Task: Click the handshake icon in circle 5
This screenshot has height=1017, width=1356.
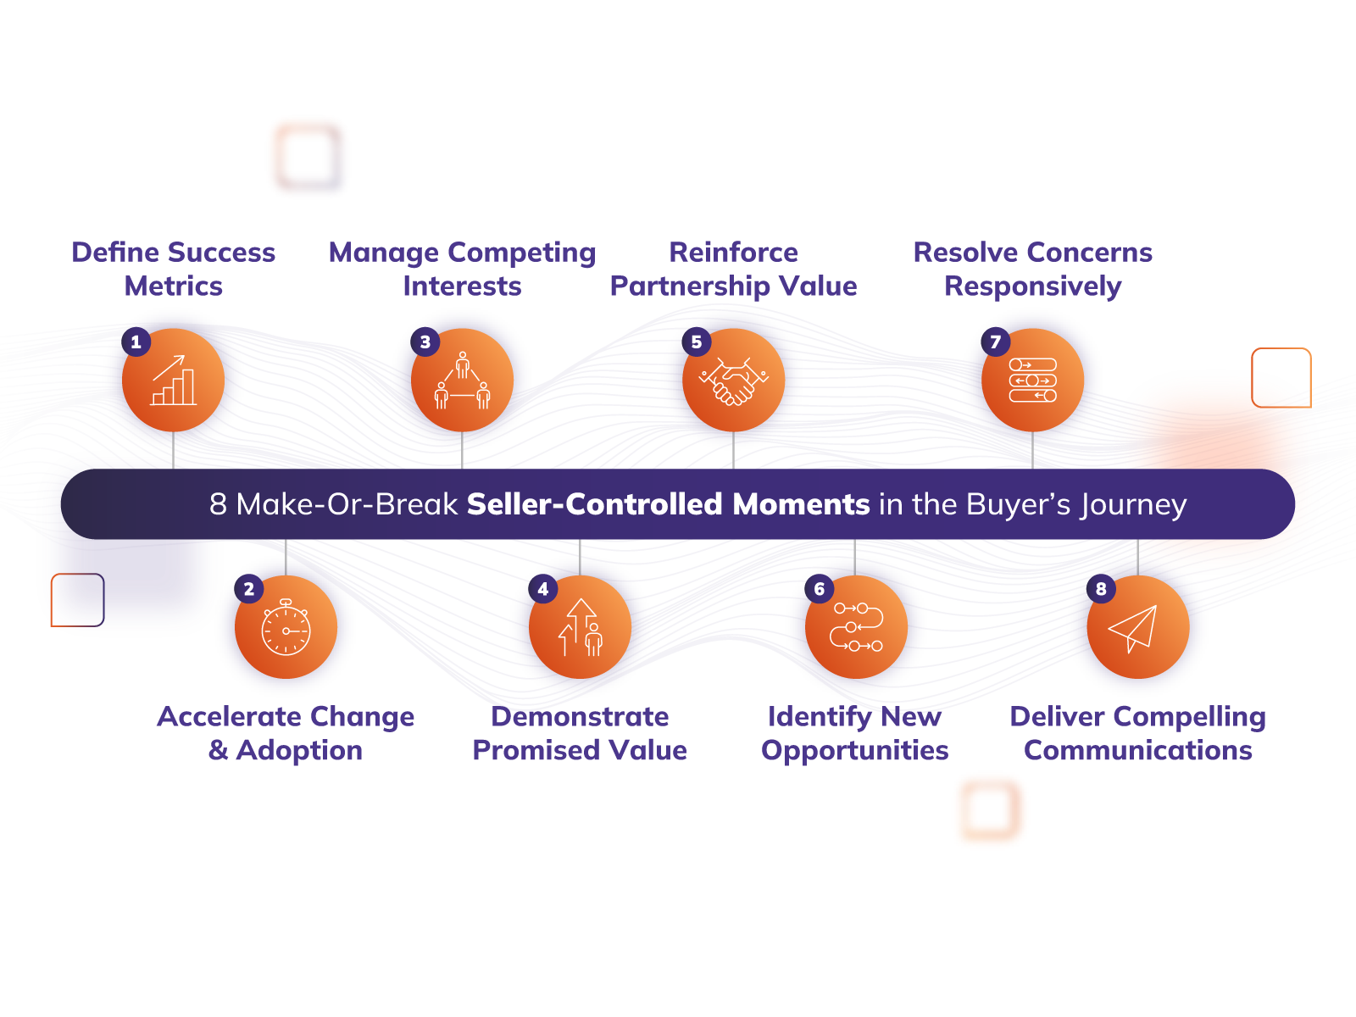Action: click(733, 381)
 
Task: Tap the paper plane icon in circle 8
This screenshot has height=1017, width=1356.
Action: click(1136, 628)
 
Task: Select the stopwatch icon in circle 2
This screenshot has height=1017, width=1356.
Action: click(286, 628)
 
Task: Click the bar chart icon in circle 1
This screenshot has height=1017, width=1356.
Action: click(173, 381)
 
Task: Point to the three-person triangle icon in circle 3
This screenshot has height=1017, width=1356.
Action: click(462, 381)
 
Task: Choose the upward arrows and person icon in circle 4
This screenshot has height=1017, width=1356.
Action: click(581, 628)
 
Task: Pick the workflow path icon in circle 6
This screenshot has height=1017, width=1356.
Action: click(856, 628)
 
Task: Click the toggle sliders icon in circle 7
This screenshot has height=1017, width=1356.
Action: click(1032, 381)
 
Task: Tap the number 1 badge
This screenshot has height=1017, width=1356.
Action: click(136, 342)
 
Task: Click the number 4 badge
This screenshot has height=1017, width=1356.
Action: click(543, 589)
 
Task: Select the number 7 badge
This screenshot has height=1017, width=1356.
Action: click(996, 342)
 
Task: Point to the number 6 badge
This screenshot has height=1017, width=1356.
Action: click(820, 589)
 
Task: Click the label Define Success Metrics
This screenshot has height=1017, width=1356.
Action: click(174, 269)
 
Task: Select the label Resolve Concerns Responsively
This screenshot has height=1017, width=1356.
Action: click(1032, 269)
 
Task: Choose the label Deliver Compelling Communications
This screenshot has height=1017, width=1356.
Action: click(1137, 733)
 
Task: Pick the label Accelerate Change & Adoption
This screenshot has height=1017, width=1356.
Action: click(286, 733)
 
